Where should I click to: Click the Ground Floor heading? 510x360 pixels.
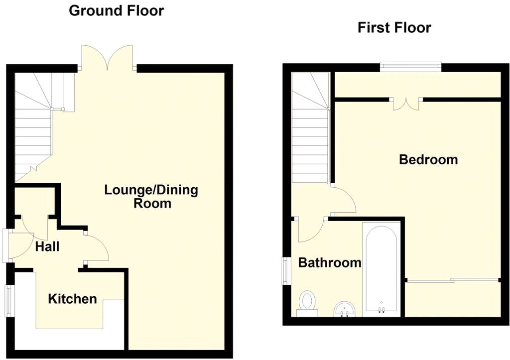pos(116,10)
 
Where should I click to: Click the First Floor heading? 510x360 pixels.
pos(394,27)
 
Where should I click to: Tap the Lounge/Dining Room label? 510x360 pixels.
pos(151,196)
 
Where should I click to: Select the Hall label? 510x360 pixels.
pos(47,246)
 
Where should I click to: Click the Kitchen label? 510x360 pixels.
pos(72,299)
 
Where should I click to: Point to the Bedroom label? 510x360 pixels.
pos(428,160)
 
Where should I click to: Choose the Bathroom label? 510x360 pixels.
pos(329,262)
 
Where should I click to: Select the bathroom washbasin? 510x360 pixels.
pos(344,309)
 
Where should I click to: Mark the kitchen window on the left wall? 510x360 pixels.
pos(8,300)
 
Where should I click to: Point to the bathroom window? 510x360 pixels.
pos(286,271)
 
